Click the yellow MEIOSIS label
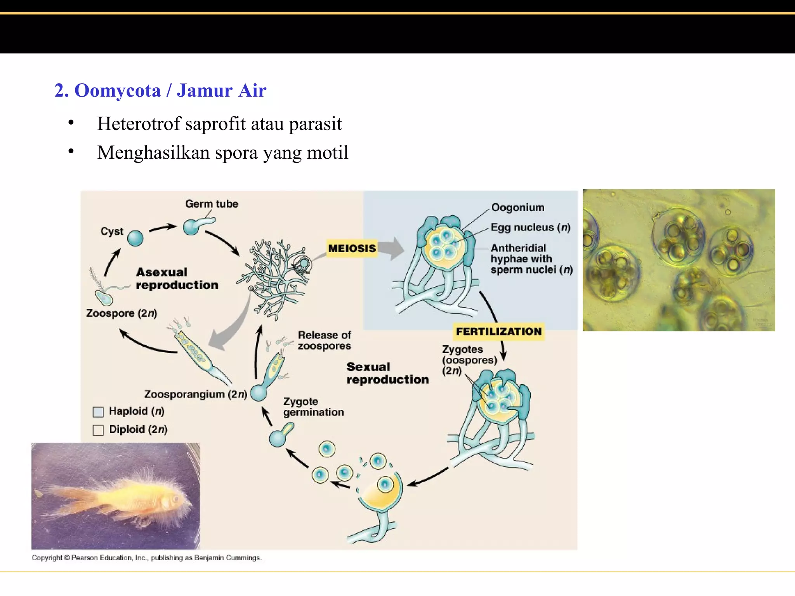pos(352,248)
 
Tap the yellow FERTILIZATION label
pos(499,331)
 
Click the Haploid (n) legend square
pos(98,412)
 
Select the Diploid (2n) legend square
pos(98,430)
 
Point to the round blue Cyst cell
pos(135,238)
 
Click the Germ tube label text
pos(212,204)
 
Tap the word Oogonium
pos(518,208)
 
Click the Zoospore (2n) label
pos(122,313)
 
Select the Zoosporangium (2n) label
pos(195,394)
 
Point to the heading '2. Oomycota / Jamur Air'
pos(160,90)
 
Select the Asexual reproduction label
pos(177,279)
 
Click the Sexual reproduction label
pos(387,373)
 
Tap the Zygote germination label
pos(313,407)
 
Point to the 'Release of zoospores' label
pos(324,340)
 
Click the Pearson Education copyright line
pos(147,558)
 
